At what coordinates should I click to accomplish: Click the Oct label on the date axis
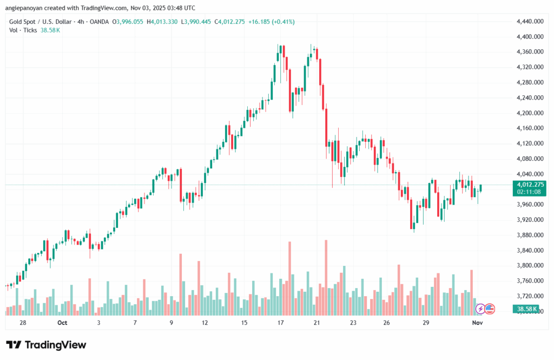[62, 323]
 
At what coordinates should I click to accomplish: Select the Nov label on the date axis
[477, 323]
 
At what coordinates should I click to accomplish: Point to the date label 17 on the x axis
[281, 323]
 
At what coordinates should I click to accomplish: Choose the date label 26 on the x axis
[387, 323]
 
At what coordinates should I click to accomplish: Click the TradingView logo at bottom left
[46, 345]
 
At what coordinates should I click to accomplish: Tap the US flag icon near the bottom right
[490, 309]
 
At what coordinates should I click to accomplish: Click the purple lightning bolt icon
[480, 309]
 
